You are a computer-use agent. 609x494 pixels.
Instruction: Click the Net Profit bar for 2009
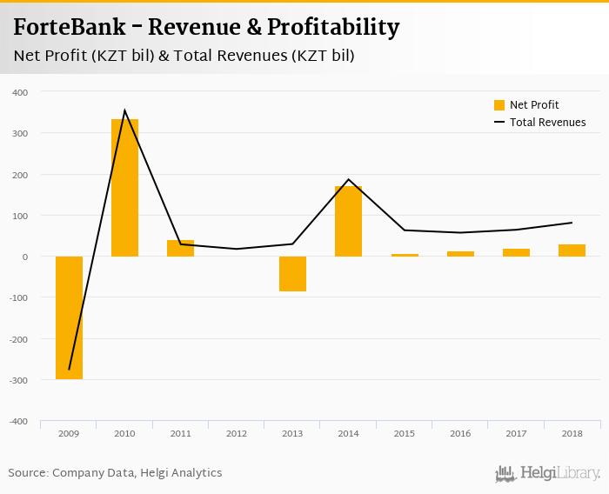tap(69, 317)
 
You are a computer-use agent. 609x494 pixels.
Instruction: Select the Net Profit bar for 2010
tap(124, 188)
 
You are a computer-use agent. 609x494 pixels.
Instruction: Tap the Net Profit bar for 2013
tap(292, 274)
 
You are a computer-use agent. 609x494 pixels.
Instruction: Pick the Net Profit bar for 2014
tap(348, 221)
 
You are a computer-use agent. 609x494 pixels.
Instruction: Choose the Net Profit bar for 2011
tap(180, 248)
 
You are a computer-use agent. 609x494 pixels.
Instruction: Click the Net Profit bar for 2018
tap(572, 250)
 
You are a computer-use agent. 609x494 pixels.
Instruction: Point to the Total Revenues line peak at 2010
tap(124, 110)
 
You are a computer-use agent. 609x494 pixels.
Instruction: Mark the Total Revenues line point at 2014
tap(348, 179)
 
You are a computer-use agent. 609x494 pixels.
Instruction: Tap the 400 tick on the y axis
tap(20, 92)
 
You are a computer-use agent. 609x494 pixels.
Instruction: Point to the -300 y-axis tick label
tap(18, 380)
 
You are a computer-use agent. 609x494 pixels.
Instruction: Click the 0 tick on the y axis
tap(24, 257)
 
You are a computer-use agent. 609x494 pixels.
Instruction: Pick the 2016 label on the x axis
tap(460, 432)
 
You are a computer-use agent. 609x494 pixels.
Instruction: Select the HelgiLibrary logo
tap(547, 473)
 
